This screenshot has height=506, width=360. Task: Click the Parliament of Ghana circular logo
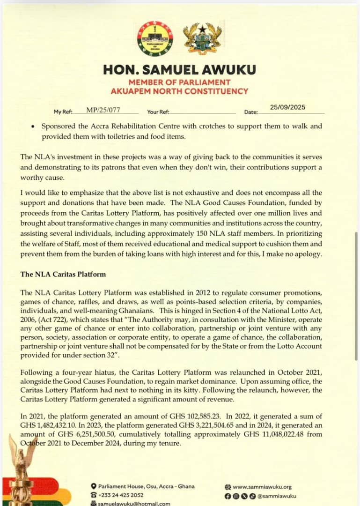pos(155,39)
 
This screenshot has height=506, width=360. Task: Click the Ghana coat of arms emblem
pos(202,39)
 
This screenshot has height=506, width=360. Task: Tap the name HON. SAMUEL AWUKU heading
pos(180,70)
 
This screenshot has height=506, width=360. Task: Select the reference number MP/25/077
pos(103,110)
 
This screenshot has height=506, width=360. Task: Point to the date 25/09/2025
pos(287,107)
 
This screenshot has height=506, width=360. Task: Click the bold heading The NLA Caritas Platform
pos(63,274)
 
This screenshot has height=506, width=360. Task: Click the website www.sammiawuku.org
pos(262,487)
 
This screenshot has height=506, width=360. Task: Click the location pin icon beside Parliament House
pos(94,486)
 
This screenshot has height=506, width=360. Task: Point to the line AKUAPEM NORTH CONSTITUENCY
pos(180,91)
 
